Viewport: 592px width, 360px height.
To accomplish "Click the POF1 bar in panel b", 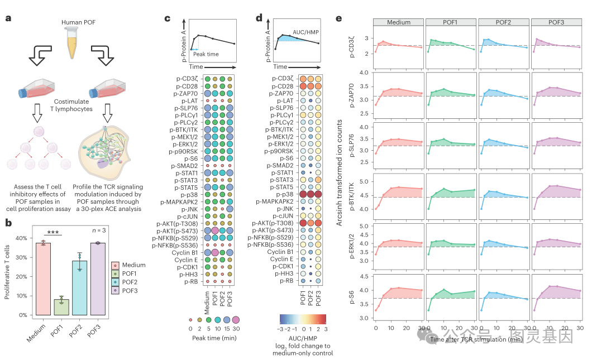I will [61, 307].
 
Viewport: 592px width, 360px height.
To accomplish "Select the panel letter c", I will [168, 18].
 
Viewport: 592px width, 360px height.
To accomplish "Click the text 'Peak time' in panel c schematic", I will [206, 54].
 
